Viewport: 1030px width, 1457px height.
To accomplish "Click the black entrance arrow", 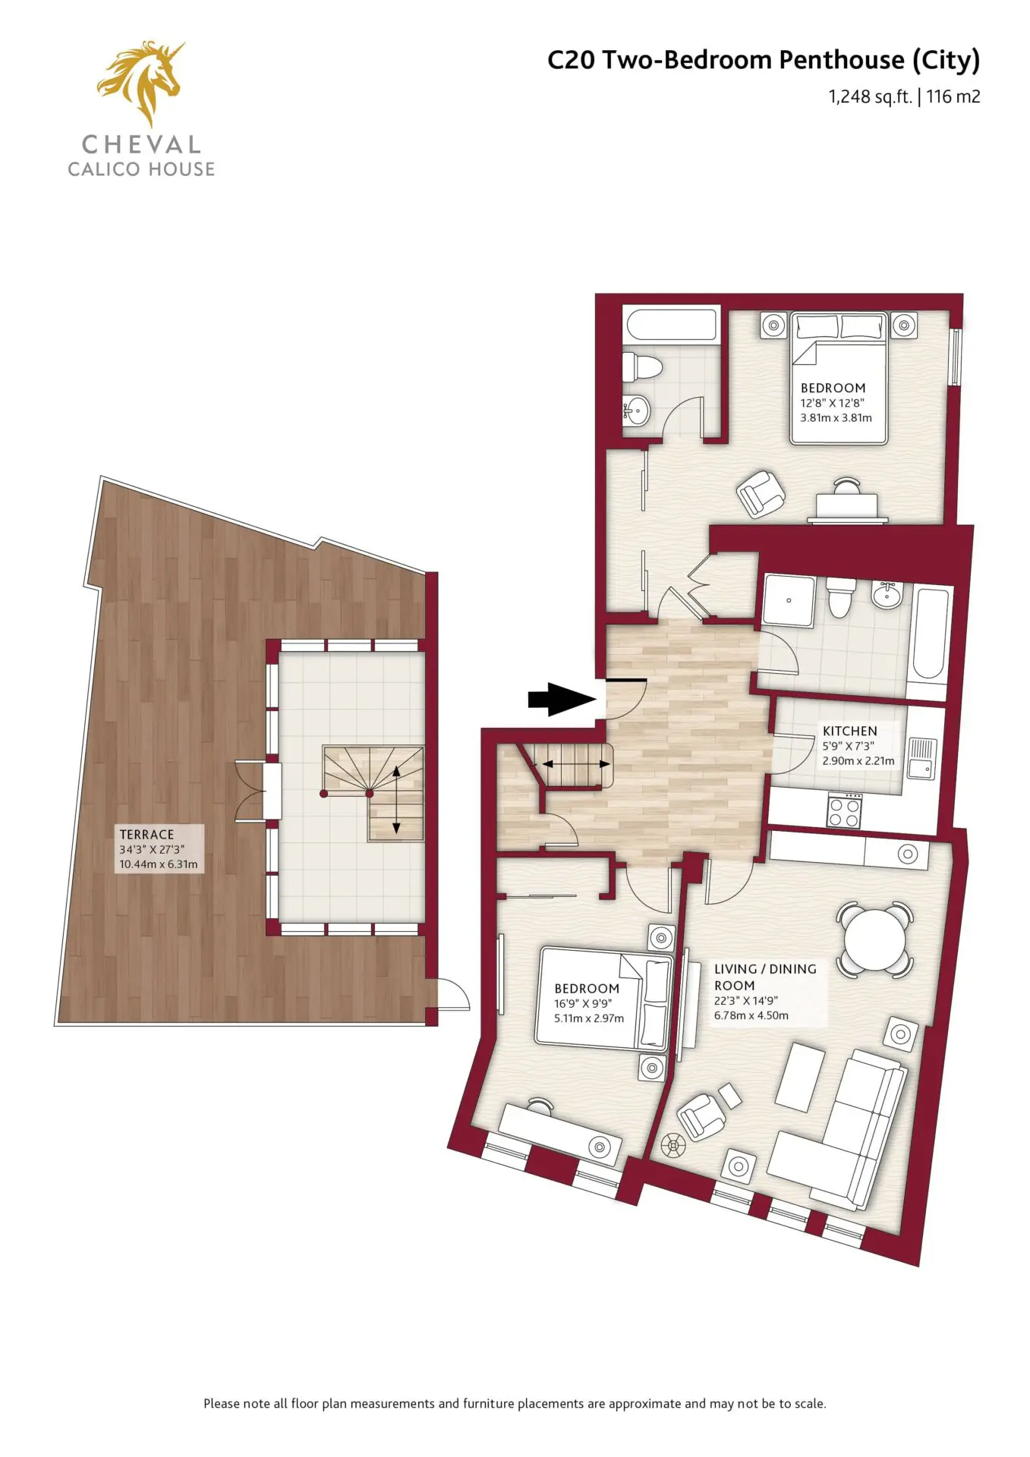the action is pyautogui.click(x=562, y=700).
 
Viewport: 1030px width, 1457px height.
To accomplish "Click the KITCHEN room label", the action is pyautogui.click(x=850, y=731).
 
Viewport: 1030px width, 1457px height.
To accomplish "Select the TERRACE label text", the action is pyautogui.click(x=146, y=834).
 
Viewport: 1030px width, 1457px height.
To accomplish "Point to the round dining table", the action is pyautogui.click(x=875, y=939).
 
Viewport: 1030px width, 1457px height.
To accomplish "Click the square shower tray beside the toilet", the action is pyautogui.click(x=789, y=600).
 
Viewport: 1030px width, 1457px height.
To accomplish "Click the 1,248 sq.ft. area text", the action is pyautogui.click(x=870, y=96).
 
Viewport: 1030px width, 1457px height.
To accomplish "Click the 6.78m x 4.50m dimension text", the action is pyautogui.click(x=751, y=1015).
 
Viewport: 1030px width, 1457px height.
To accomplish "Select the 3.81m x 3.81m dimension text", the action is pyautogui.click(x=836, y=417).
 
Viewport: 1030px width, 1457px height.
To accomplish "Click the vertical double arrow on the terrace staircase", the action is pyautogui.click(x=396, y=799).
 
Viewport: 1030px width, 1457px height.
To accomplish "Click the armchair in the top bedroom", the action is pyautogui.click(x=761, y=493).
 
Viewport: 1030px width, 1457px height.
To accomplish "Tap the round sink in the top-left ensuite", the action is pyautogui.click(x=636, y=412).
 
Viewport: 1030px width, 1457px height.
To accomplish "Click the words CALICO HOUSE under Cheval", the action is pyautogui.click(x=141, y=169).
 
